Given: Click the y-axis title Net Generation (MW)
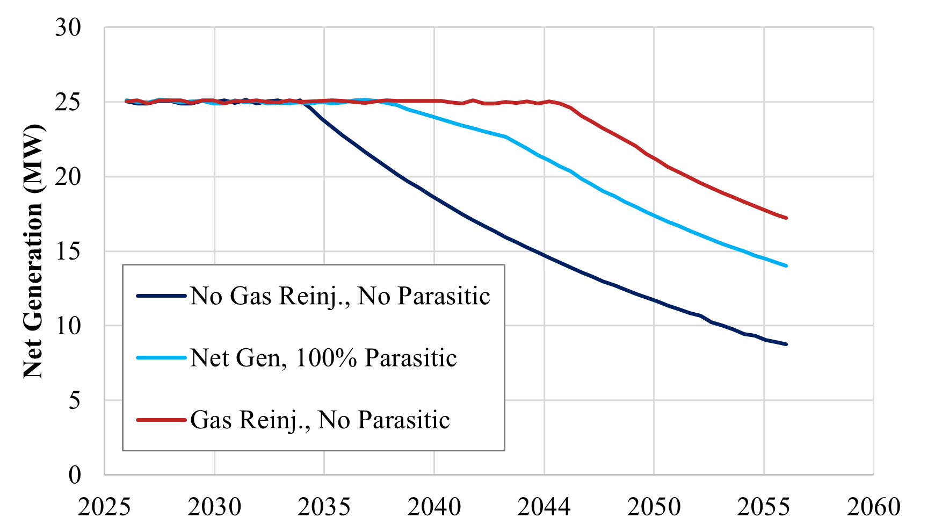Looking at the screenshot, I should coord(33,251).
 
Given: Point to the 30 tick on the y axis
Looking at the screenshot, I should coord(68,27).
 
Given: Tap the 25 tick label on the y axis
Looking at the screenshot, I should coord(68,102).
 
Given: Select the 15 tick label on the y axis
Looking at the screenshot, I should coord(68,251).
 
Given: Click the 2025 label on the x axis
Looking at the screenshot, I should coord(104,507).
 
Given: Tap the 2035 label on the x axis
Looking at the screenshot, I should coord(324,507).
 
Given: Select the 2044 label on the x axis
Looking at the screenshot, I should coord(544,507).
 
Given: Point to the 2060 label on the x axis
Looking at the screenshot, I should coord(873,507).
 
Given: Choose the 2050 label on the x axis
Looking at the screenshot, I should coord(654,507).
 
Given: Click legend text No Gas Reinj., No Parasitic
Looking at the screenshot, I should coord(340,296).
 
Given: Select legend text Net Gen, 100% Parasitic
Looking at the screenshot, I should coord(323,358).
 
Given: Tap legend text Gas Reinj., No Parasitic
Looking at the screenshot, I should coord(320,420).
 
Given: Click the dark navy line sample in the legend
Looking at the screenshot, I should coord(161,296).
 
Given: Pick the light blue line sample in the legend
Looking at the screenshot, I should coord(161,358).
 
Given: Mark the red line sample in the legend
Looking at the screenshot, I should coord(161,420).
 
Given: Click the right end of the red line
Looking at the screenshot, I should coord(786,218).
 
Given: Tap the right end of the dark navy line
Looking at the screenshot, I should coord(786,344).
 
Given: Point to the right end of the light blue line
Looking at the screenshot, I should coord(786,265).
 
